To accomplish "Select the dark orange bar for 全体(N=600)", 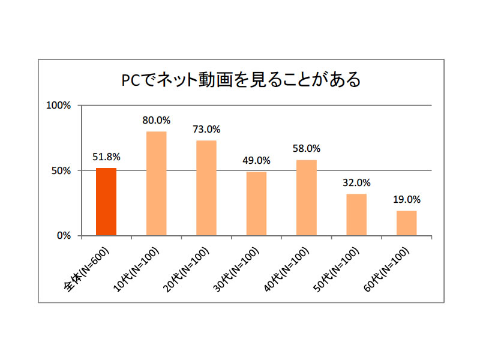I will [106, 202].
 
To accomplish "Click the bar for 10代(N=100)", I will [156, 183].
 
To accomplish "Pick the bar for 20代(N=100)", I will [206, 188].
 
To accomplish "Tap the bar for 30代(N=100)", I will [256, 203].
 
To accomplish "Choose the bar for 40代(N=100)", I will [307, 197].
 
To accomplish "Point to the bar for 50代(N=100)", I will [356, 214].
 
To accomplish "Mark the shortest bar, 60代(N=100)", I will [406, 223].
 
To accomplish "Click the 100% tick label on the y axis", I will [59, 106].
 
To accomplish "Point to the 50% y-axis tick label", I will [61, 170].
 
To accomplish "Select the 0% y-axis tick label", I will [64, 235].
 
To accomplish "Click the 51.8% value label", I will [106, 157].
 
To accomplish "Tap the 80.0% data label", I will [156, 120].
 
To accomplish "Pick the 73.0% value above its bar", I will [206, 129].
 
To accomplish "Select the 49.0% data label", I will [256, 160].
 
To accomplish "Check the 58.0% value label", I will [307, 148].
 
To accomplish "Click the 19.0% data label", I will [406, 199].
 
